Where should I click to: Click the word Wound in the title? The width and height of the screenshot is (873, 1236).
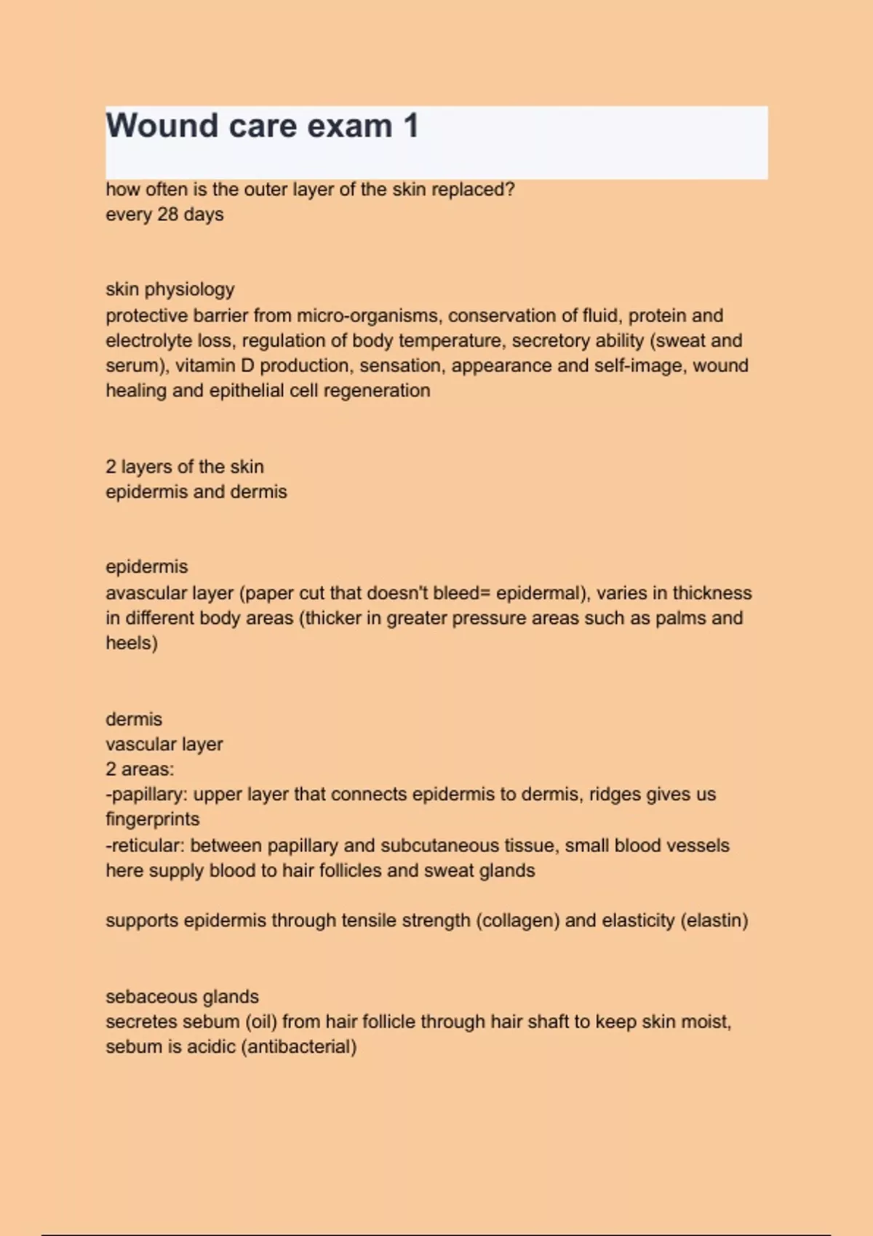pyautogui.click(x=162, y=126)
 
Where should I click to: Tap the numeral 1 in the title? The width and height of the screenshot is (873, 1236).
pyautogui.click(x=411, y=126)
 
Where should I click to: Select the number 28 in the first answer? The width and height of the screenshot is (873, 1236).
pyautogui.click(x=167, y=214)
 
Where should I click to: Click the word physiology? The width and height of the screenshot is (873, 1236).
pyautogui.click(x=189, y=289)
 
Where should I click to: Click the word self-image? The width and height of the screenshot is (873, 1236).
pyautogui.click(x=639, y=365)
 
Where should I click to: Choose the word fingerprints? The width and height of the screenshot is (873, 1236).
pyautogui.click(x=152, y=819)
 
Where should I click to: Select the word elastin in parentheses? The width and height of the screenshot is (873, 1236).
pyautogui.click(x=714, y=920)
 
